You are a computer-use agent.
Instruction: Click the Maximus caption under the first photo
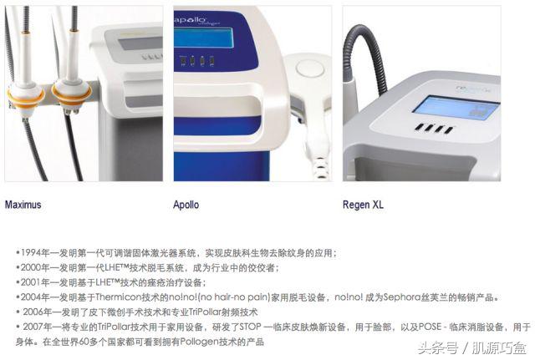23,204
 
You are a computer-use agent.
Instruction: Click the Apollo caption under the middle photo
186,204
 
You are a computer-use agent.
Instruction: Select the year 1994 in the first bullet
33,252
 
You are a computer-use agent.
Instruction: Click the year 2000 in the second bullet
33,267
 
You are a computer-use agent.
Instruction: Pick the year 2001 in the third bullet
33,282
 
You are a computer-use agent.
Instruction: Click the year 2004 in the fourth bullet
33,297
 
